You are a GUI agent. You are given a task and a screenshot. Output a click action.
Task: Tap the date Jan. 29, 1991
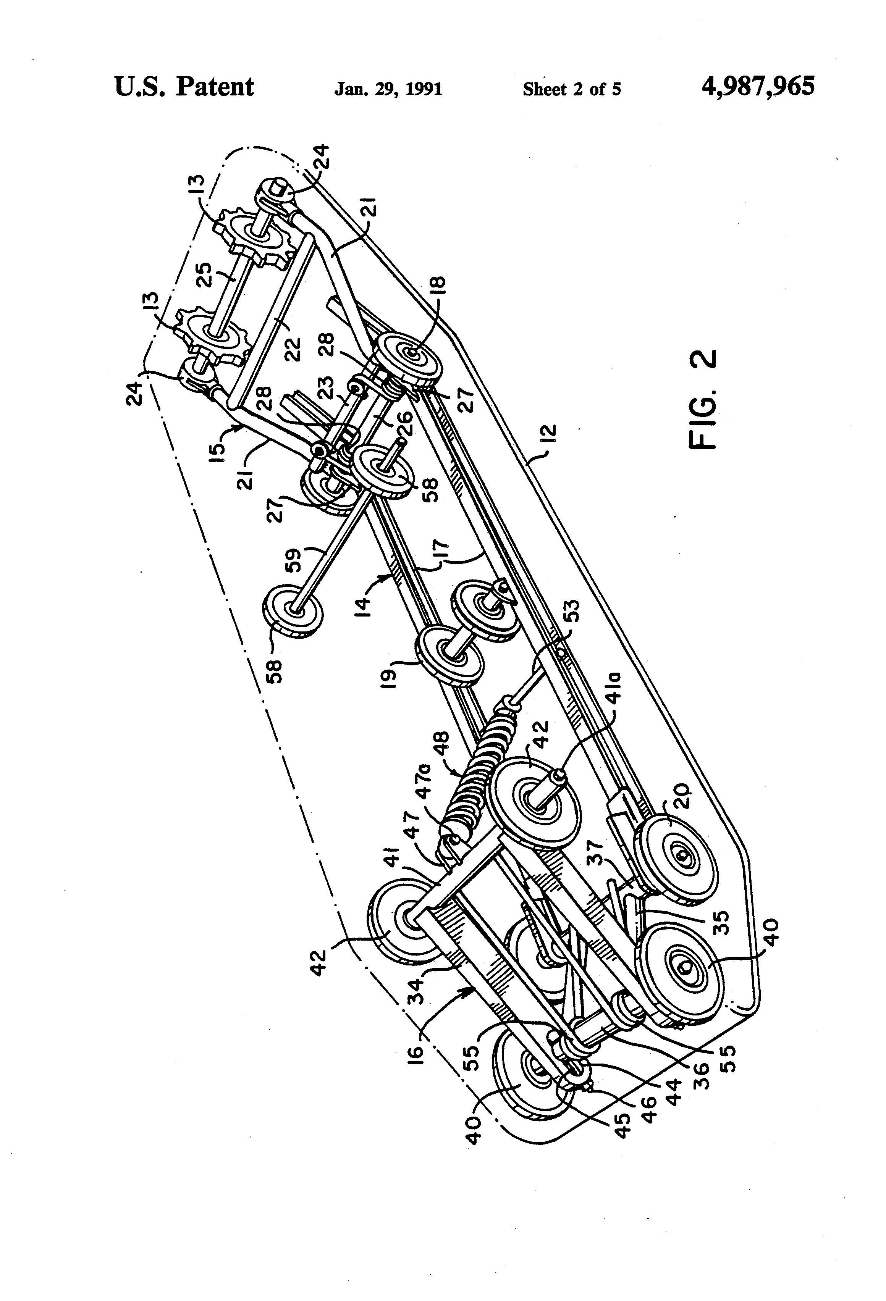(388, 89)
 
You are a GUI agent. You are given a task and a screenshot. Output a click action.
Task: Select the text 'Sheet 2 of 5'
(572, 89)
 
